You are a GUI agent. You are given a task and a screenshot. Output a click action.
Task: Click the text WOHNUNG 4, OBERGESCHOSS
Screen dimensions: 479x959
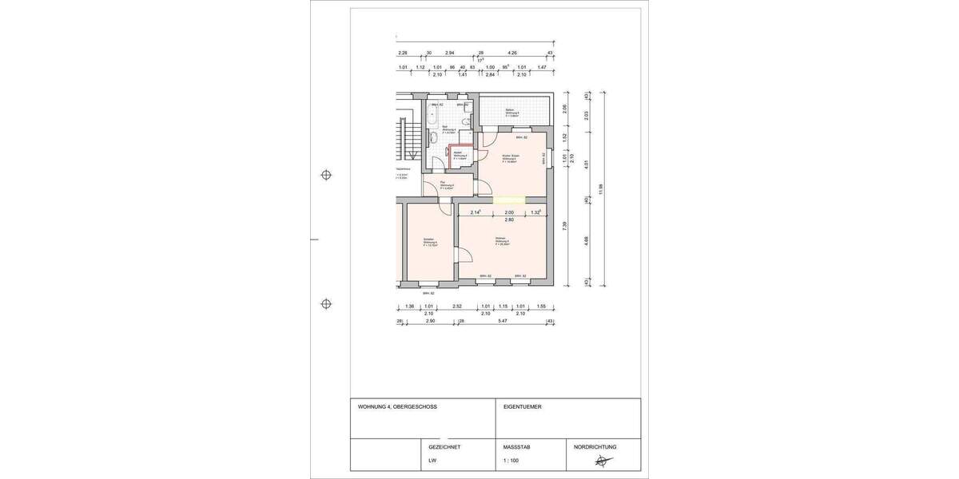pyautogui.click(x=397, y=407)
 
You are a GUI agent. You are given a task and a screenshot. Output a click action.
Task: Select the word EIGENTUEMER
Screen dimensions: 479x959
pyautogui.click(x=523, y=407)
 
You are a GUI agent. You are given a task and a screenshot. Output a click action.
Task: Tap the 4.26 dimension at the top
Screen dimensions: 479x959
pyautogui.click(x=512, y=53)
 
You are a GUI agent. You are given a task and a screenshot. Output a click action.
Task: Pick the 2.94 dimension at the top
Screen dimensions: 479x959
pyautogui.click(x=449, y=53)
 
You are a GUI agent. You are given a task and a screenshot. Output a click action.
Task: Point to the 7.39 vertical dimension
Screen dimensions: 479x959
pyautogui.click(x=565, y=225)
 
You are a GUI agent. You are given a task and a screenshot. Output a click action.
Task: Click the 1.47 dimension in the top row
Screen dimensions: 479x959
pyautogui.click(x=541, y=68)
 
